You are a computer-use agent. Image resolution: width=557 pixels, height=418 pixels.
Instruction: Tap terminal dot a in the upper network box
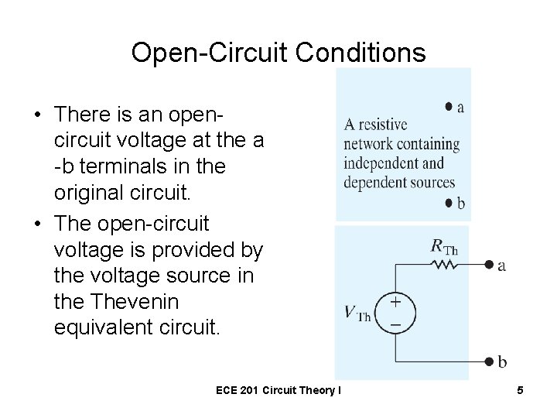(449, 106)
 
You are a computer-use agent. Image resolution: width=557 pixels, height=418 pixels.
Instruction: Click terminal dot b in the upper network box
(449, 203)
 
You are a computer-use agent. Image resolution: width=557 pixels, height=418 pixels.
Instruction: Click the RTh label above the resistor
(444, 248)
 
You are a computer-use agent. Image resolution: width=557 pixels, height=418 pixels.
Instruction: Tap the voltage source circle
(395, 313)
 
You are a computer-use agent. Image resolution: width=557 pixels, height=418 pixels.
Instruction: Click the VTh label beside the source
(357, 314)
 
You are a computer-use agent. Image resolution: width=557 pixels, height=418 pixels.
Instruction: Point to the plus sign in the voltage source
(395, 303)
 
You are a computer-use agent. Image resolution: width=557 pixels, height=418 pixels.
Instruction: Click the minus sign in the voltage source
(395, 324)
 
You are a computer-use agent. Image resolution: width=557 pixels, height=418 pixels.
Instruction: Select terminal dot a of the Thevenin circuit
(489, 265)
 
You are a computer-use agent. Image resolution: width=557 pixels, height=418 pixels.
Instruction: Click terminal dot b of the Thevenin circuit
(489, 361)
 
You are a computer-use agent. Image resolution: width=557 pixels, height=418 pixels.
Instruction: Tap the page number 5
(521, 391)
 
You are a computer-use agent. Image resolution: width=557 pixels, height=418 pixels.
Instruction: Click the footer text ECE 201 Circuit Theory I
(279, 391)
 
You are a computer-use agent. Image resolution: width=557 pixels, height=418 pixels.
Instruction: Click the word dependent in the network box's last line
(378, 183)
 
